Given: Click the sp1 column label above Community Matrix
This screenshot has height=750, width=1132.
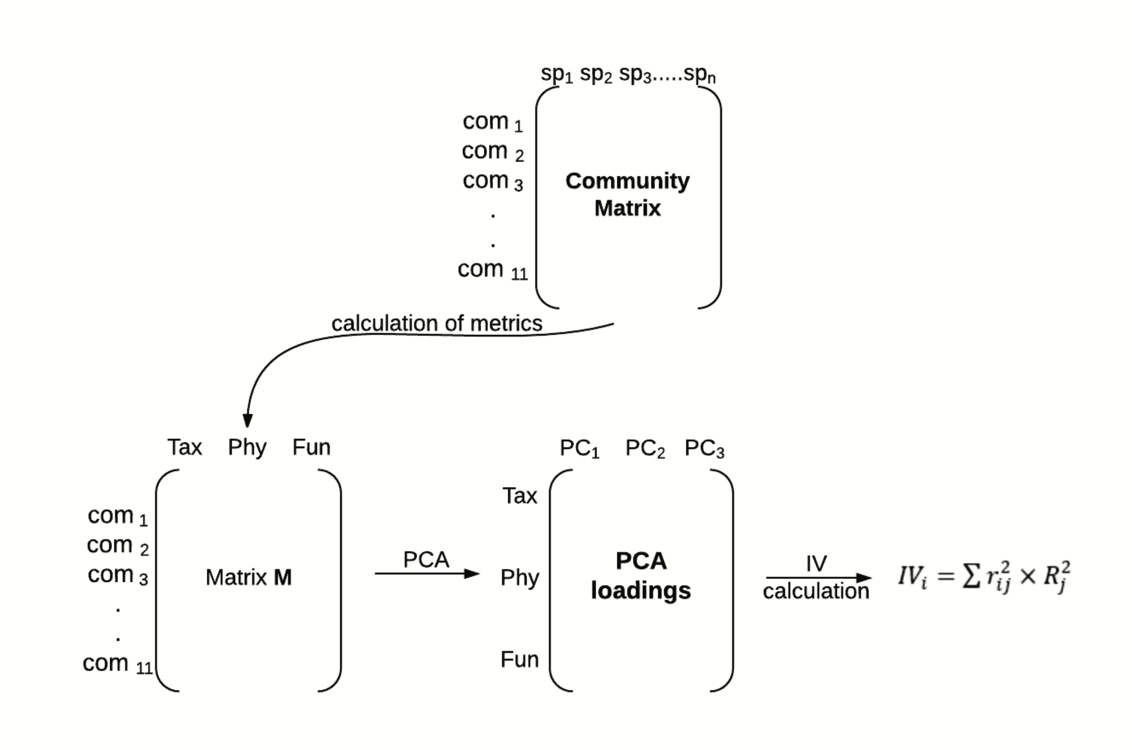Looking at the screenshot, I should [x=556, y=74].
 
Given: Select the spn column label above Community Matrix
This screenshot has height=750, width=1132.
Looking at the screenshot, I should [x=699, y=74].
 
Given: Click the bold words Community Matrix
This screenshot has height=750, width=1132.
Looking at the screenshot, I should [x=628, y=194].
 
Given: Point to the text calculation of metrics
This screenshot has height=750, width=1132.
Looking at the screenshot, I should [x=437, y=323].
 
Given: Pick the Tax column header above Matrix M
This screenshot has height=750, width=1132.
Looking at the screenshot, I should [x=185, y=447].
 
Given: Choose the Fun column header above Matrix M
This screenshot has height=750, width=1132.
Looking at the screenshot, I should [x=311, y=447].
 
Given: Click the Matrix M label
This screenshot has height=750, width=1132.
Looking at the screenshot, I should [x=248, y=577].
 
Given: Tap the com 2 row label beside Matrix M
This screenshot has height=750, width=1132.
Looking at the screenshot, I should [x=118, y=546].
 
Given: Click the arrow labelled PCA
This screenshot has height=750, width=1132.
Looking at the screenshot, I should [x=427, y=573].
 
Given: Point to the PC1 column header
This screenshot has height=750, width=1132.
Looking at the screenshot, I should [x=579, y=449].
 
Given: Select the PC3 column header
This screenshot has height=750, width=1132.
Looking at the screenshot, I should [x=704, y=449].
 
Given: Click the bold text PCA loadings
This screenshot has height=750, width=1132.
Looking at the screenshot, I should [x=641, y=576].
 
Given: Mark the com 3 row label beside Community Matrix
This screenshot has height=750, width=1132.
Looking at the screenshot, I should [x=492, y=181].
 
